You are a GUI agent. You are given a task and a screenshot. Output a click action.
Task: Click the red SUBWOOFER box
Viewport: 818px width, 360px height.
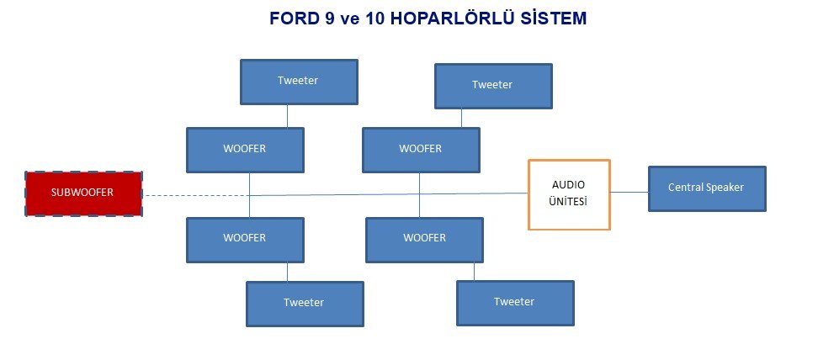83,193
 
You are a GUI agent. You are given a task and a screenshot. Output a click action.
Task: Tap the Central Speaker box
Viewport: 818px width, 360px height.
707,188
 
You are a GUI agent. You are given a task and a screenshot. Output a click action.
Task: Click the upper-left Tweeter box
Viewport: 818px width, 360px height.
299,82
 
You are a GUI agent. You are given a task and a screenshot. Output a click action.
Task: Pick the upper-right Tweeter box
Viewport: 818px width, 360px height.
493,86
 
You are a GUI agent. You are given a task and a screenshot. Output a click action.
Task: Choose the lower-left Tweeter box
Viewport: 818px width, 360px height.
305,304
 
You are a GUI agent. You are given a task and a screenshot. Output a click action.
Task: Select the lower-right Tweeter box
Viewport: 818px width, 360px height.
515,303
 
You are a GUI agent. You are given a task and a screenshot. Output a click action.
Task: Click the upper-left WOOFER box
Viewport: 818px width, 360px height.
245,150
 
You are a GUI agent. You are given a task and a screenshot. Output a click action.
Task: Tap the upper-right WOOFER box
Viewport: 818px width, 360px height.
421,150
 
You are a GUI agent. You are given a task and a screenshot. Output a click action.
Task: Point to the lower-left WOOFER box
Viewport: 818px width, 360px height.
245,240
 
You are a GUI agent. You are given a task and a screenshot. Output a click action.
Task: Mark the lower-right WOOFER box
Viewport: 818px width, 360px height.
424,240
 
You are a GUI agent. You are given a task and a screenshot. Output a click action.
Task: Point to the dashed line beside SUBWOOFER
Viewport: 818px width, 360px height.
195,195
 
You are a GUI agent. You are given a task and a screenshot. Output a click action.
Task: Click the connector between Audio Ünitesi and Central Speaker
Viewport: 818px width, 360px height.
629,192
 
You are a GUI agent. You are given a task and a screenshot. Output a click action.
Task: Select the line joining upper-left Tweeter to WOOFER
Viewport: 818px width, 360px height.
288,116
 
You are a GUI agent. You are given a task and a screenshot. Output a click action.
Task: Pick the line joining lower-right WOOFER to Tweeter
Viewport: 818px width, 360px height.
474,272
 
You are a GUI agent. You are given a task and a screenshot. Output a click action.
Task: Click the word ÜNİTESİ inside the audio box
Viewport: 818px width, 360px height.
568,202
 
